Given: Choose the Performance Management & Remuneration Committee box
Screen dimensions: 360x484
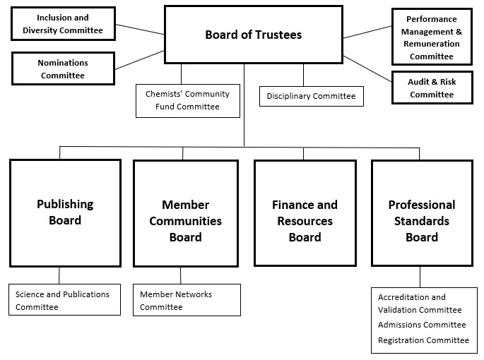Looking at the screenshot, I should [432, 37].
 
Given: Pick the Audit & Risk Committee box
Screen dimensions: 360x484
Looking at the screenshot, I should [432, 88].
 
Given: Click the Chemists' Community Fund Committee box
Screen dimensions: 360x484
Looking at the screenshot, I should [188, 100].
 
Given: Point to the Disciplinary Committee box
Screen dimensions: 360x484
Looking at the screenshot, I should [312, 96].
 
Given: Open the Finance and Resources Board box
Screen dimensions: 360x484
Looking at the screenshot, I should [305, 212].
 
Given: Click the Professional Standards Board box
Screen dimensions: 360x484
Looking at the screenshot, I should [422, 212].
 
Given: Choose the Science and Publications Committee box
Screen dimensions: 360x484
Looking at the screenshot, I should [64, 300].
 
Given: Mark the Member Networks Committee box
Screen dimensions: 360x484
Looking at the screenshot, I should [187, 300].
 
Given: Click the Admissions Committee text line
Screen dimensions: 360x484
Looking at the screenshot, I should [422, 325].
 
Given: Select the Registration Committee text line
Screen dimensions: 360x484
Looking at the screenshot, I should [423, 340].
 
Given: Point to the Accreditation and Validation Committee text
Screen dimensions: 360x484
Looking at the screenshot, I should [420, 304].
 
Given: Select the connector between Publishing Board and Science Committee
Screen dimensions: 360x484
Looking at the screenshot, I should [59, 275].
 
